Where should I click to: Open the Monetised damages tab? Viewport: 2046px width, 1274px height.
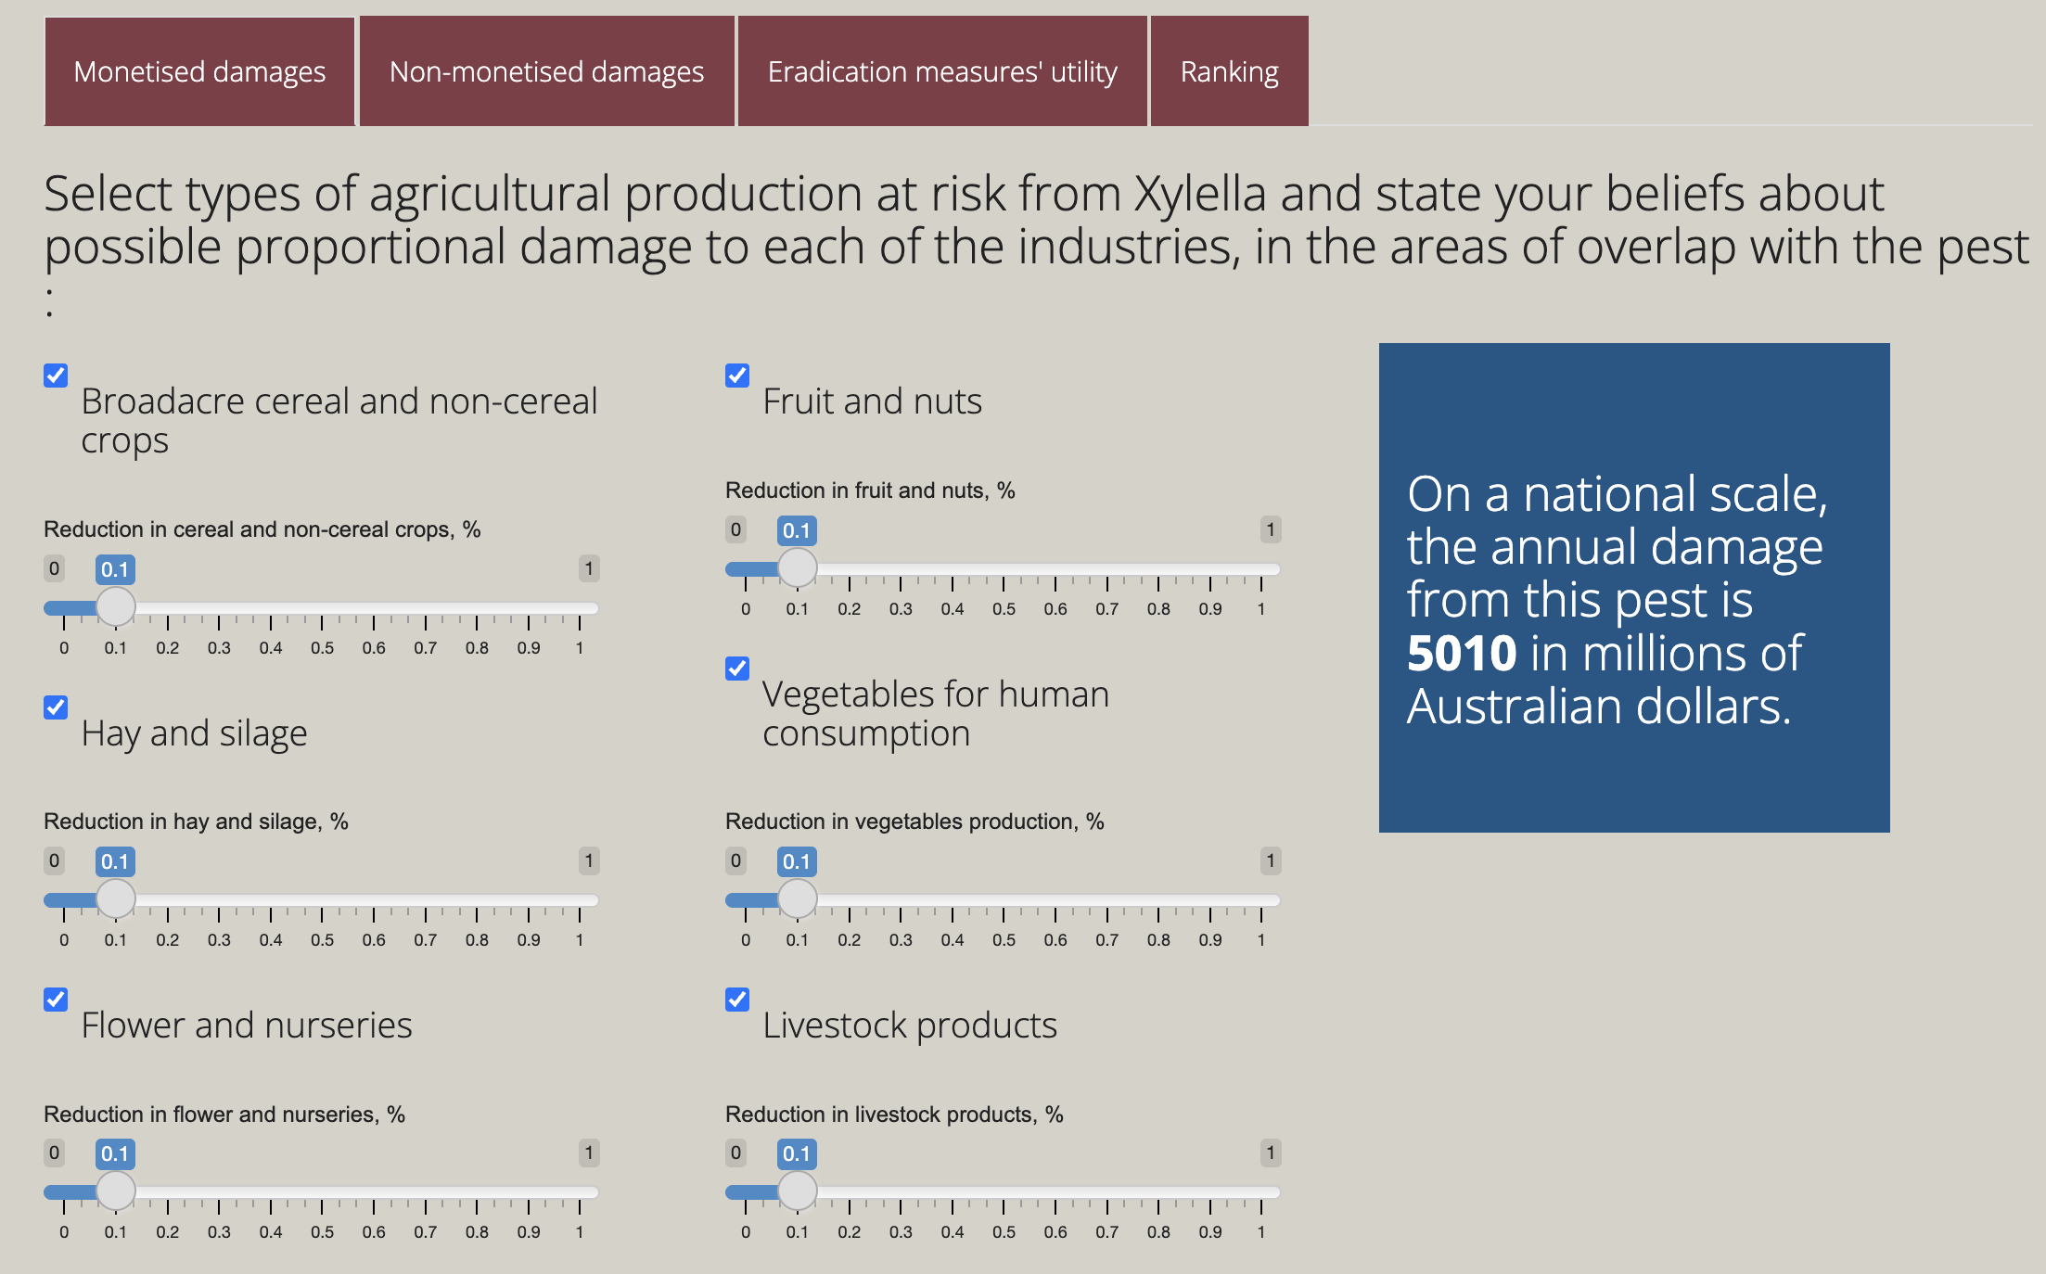point(199,71)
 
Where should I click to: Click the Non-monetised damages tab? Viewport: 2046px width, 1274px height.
point(546,71)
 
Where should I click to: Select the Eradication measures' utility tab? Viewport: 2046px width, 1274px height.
point(942,71)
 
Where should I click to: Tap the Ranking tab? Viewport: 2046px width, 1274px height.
point(1229,71)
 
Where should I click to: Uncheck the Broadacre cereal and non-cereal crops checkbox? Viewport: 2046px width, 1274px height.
point(56,376)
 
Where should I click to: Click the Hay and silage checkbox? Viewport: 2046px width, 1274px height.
point(56,707)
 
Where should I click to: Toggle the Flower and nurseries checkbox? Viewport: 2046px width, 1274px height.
point(56,1000)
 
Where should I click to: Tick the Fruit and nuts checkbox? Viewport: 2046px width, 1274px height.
point(737,376)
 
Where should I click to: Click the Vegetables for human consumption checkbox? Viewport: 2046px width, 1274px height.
point(737,669)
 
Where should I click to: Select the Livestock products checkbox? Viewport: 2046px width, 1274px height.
point(737,1000)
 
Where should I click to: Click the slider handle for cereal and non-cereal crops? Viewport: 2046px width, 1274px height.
point(116,607)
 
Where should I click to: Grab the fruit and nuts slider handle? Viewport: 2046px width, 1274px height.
point(797,567)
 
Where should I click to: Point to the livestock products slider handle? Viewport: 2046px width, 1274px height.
point(797,1191)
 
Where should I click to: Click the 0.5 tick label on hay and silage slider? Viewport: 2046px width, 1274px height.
point(322,940)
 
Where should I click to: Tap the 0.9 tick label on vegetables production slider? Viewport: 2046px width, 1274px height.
point(1209,940)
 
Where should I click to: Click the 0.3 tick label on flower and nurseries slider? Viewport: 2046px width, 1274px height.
point(219,1232)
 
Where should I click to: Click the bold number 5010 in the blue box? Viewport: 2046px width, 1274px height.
point(1462,654)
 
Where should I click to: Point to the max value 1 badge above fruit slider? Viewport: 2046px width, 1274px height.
point(1270,529)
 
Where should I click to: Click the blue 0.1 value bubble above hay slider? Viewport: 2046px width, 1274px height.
point(115,861)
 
